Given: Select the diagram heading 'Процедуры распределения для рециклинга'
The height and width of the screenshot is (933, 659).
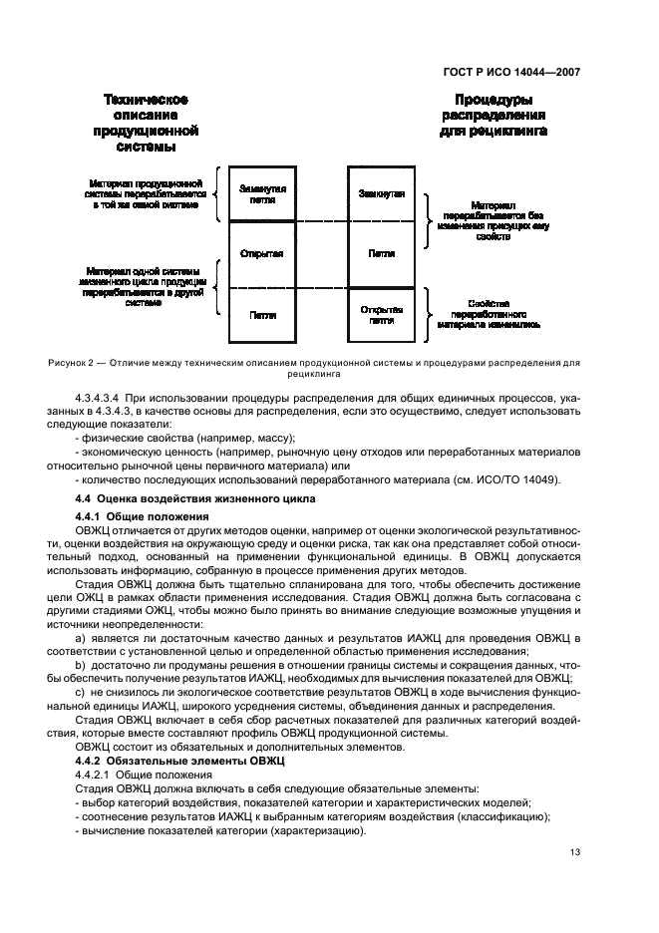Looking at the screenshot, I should [x=493, y=115].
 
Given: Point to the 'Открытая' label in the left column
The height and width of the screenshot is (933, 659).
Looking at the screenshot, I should [x=262, y=253].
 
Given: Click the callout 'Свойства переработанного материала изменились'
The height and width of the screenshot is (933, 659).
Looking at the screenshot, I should [x=489, y=313].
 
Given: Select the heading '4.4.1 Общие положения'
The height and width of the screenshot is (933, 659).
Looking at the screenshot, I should [x=142, y=516].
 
